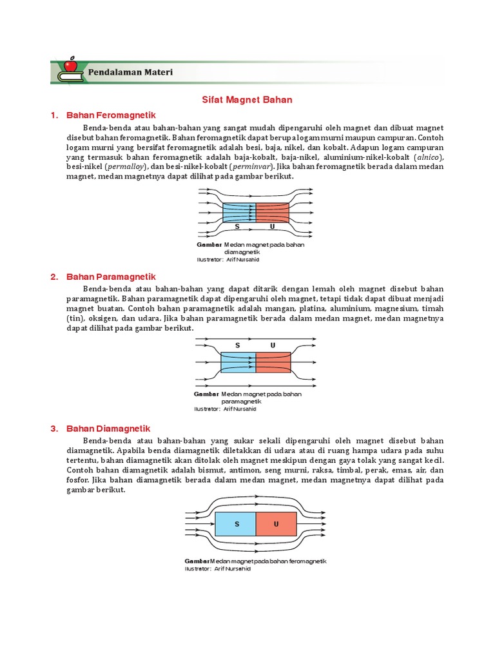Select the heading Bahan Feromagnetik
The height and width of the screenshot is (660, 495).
(112, 115)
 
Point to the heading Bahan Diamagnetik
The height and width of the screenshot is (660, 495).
(108, 429)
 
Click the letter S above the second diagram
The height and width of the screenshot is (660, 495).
(237, 346)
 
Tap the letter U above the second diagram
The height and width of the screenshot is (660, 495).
(273, 346)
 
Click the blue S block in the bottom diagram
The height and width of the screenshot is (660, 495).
(235, 524)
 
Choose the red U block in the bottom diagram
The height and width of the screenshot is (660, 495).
(276, 524)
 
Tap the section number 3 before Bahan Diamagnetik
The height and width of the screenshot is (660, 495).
(53, 429)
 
